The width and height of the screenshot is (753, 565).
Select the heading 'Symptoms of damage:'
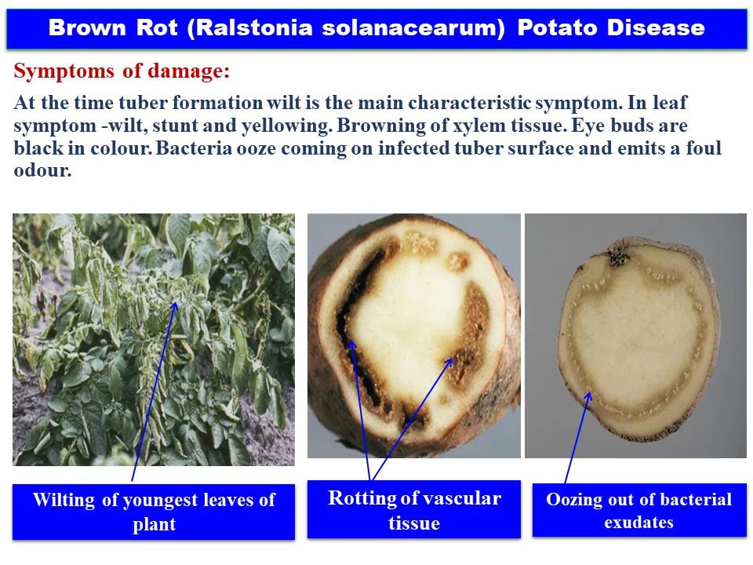pyautogui.click(x=122, y=72)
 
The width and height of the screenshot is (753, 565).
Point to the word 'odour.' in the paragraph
pyautogui.click(x=42, y=170)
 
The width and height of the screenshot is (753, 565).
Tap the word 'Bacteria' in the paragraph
pyautogui.click(x=192, y=148)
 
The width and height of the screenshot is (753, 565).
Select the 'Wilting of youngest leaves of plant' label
pyautogui.click(x=154, y=512)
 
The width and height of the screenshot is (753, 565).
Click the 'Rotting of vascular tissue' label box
pyautogui.click(x=413, y=509)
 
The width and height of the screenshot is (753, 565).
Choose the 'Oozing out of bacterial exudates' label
pyautogui.click(x=638, y=510)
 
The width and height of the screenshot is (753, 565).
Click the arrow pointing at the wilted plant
pyautogui.click(x=154, y=392)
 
